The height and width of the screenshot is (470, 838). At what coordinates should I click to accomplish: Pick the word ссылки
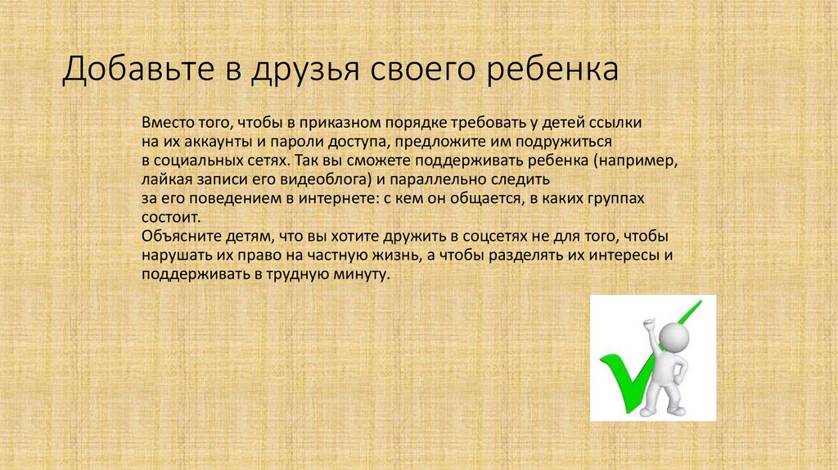tap(616, 122)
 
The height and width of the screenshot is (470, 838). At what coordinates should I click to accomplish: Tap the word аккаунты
tap(208, 141)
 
